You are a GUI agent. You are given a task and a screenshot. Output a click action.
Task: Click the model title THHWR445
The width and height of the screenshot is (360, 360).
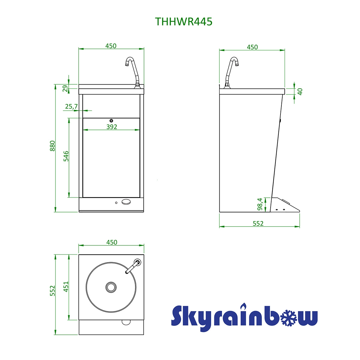184,22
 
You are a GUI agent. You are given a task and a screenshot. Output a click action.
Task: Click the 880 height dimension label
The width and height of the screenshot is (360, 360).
52,146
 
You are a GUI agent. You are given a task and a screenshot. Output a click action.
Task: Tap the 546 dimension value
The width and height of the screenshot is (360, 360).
66,156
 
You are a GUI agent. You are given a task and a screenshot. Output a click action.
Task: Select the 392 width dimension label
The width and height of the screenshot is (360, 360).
112,127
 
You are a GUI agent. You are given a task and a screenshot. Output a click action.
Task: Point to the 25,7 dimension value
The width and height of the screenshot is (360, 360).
71,106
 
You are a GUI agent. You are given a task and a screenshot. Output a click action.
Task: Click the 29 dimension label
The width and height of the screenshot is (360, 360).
65,88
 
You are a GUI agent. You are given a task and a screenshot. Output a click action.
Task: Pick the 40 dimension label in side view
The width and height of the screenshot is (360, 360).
300,92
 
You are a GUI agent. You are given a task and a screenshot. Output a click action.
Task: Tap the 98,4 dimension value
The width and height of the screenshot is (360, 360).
260,204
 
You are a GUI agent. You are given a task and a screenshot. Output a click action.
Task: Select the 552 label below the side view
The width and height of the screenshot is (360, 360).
258,223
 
